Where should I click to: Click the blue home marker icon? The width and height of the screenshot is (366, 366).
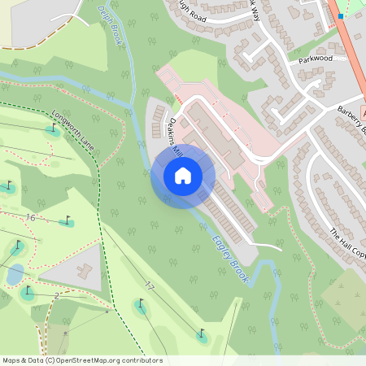tap(183, 175)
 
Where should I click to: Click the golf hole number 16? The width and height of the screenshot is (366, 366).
tap(30, 217)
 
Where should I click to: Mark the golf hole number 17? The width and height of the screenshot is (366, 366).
tap(149, 286)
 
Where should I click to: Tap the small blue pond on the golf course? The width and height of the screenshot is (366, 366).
tap(15, 275)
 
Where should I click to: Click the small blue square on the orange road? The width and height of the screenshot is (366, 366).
tap(341, 16)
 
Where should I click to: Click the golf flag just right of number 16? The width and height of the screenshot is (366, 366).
tap(67, 220)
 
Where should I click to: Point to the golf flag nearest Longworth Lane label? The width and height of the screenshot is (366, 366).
tap(54, 128)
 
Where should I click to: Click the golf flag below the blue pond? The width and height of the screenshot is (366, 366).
tap(28, 291)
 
